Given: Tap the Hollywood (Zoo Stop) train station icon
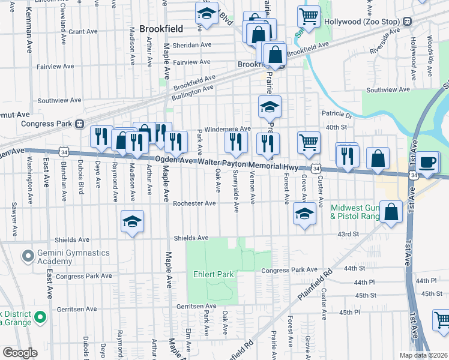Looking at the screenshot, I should [x=408, y=21].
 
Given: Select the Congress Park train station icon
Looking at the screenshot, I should [x=79, y=124].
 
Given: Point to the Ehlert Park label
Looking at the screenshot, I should [x=213, y=274].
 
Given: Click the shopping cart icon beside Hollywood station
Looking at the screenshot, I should [x=309, y=17].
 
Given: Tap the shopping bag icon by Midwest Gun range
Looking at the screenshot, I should [x=391, y=212].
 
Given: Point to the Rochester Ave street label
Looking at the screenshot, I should [x=194, y=203].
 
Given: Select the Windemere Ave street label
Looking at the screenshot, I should [x=228, y=129].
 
